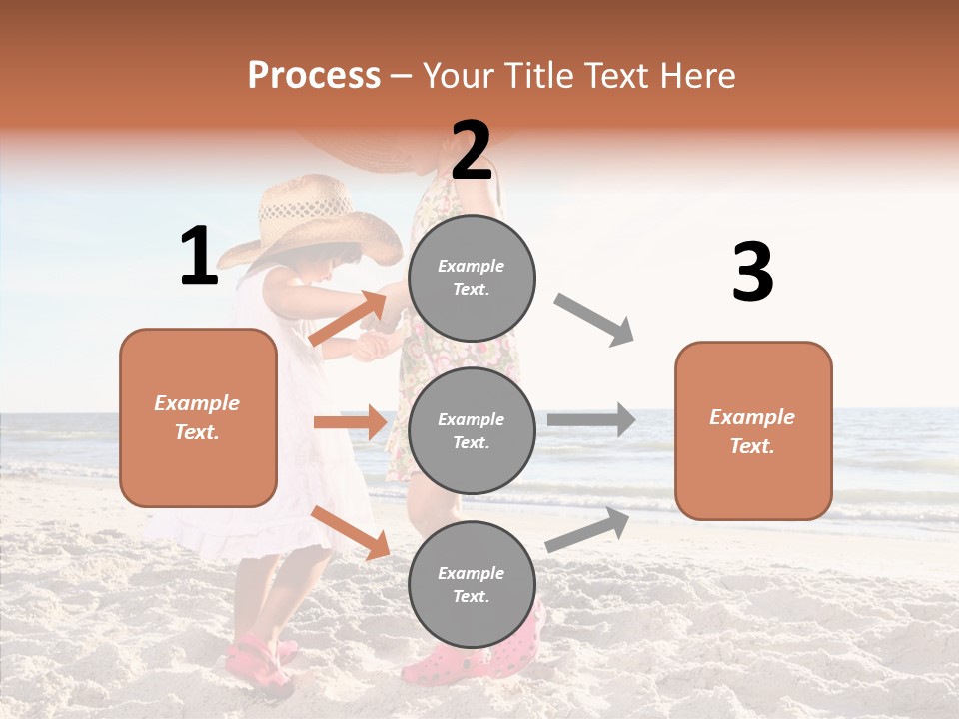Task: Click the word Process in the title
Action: point(314,76)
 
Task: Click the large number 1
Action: point(199,257)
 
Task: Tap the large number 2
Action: point(472,151)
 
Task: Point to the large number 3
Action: point(752,273)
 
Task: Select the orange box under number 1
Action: point(198,417)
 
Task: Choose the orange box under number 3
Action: point(753,431)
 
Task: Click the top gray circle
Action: point(472,277)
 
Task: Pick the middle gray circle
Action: point(472,430)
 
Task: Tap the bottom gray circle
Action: point(472,584)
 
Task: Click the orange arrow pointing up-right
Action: point(348,318)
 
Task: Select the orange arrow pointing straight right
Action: point(350,422)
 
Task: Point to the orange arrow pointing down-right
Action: point(350,532)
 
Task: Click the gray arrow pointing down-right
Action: point(594,320)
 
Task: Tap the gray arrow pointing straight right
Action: point(591,420)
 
